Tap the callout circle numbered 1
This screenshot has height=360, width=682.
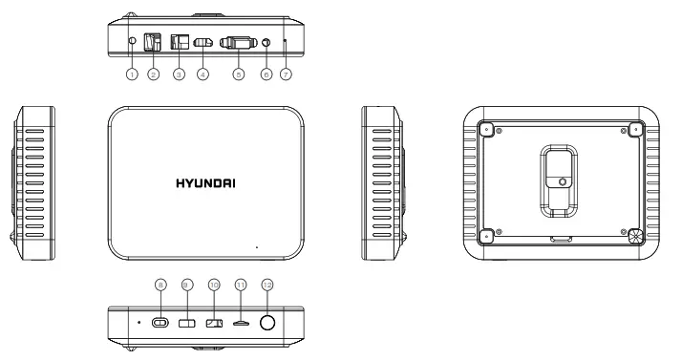(x=132, y=74)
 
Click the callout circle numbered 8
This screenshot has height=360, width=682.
(x=160, y=285)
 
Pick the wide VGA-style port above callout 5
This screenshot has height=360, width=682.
(x=238, y=43)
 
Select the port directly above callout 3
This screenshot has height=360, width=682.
(x=178, y=43)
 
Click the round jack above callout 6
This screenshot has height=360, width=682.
(x=265, y=43)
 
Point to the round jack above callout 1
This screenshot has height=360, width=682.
(x=132, y=41)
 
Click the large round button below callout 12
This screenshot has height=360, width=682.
(x=267, y=323)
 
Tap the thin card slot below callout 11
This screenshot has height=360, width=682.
(x=241, y=324)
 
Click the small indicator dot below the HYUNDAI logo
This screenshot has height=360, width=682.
(x=256, y=246)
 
